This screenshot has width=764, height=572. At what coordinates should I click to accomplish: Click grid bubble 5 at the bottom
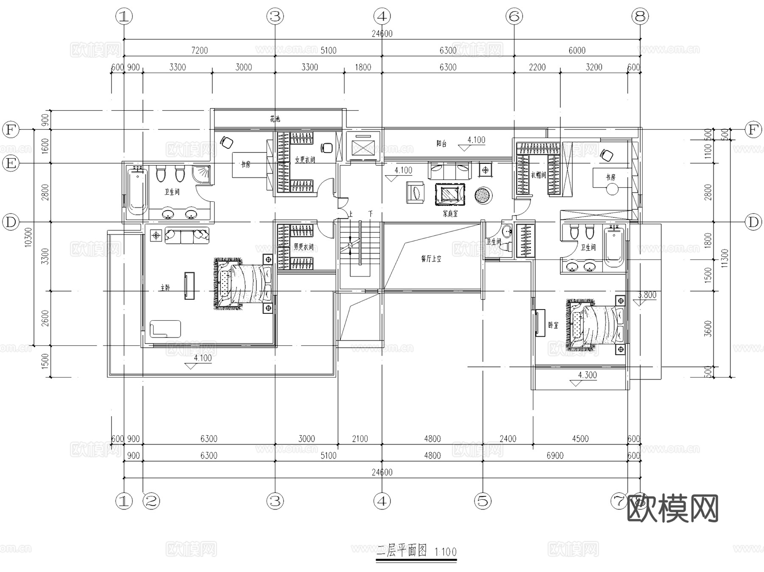483,501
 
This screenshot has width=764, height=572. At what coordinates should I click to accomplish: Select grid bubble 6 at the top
514,17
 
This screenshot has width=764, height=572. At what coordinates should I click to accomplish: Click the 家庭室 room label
450,214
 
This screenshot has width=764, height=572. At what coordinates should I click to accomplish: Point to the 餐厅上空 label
431,258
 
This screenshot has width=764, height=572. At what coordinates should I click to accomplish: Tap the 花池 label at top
275,119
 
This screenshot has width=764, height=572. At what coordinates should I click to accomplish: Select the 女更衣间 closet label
305,160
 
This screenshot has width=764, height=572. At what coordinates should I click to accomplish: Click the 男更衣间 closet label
303,247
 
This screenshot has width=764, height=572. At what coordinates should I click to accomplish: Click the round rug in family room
483,196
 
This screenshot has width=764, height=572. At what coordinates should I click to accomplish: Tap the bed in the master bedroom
244,284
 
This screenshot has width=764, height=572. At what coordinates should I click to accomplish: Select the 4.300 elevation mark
587,375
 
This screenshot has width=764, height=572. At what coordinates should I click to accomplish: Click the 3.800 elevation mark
647,295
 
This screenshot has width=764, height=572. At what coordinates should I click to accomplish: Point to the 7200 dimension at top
199,51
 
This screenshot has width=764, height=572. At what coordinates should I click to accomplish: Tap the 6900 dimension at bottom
555,456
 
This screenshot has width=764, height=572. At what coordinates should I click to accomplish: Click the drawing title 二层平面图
402,551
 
